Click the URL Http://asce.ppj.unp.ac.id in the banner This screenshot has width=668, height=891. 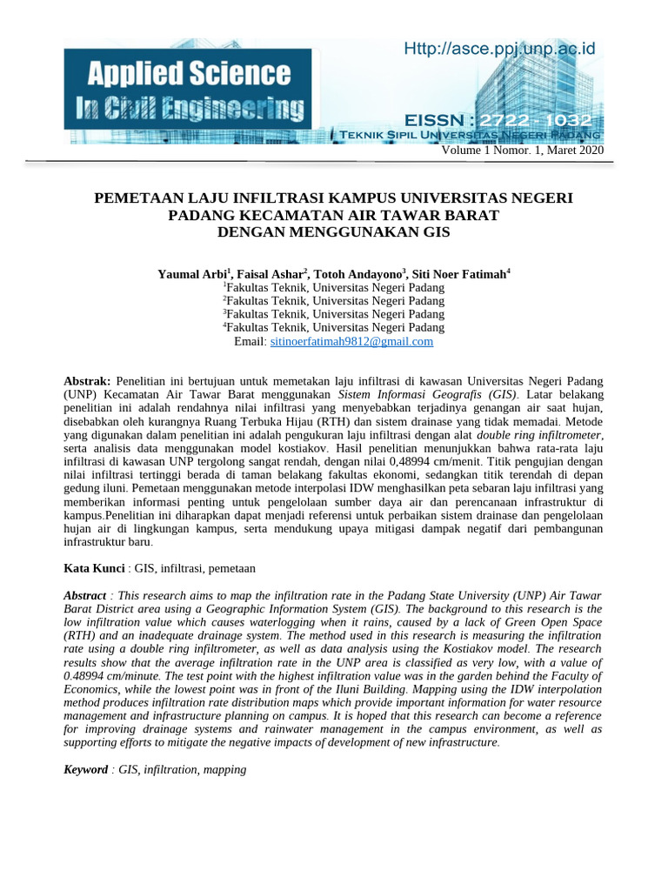tap(500, 50)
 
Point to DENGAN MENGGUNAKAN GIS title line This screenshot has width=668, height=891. tap(334, 232)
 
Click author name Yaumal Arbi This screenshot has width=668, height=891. tap(190, 274)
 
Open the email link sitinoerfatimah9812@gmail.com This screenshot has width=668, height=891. tap(351, 342)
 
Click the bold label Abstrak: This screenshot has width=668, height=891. tap(88, 381)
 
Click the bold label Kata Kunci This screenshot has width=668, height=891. tap(95, 568)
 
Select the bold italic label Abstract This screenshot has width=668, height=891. tap(85, 594)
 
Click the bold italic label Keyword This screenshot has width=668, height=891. tap(85, 770)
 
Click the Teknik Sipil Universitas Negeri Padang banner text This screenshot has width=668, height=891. tap(470, 136)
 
